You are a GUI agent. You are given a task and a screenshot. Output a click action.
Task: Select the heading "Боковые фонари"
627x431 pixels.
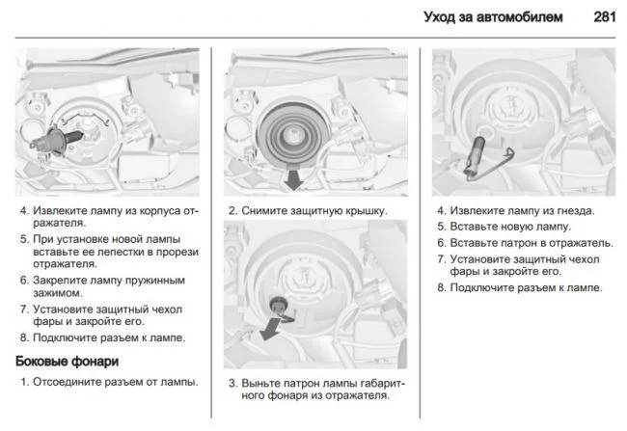[x=68, y=362]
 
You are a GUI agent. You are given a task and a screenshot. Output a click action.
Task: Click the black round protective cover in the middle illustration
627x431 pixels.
[x=294, y=125]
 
